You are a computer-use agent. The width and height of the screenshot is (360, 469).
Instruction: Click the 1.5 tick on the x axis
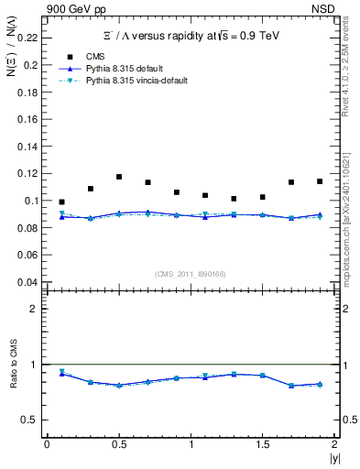262,443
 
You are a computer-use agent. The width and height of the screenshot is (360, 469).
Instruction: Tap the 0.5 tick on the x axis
118,443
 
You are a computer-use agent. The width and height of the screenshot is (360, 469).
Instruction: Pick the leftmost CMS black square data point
61,202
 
